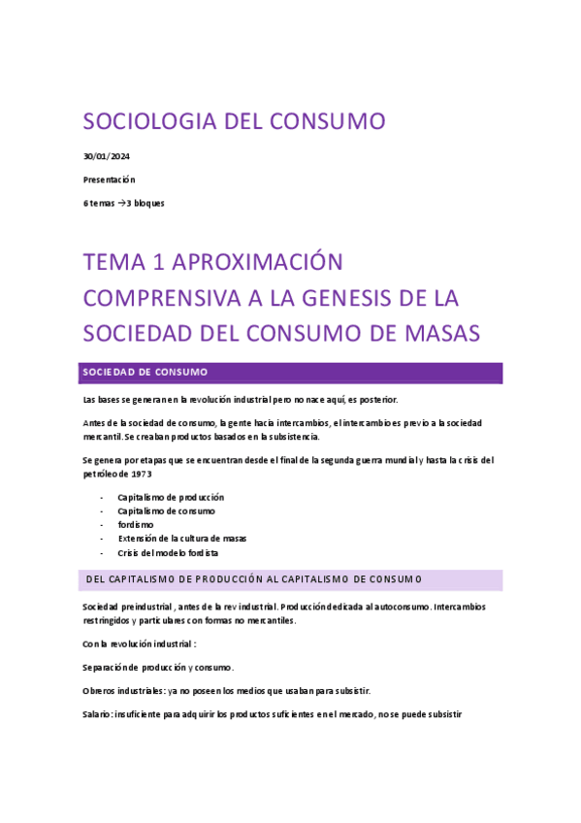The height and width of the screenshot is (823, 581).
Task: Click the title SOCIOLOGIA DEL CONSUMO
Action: pyautogui.click(x=234, y=121)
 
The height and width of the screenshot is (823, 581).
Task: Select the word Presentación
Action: pyautogui.click(x=109, y=180)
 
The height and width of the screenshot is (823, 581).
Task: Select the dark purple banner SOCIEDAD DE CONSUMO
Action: pyautogui.click(x=292, y=373)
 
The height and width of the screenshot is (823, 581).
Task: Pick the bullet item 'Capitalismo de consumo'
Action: pyautogui.click(x=166, y=510)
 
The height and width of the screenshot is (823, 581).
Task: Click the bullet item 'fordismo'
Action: pyautogui.click(x=136, y=524)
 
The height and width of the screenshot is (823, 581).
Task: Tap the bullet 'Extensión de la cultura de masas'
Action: pyautogui.click(x=181, y=538)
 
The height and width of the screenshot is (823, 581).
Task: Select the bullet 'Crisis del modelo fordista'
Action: pyautogui.click(x=168, y=552)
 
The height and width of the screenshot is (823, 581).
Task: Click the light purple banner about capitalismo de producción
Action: pyautogui.click(x=292, y=580)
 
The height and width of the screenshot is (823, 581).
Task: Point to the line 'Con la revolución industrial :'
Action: pyautogui.click(x=139, y=643)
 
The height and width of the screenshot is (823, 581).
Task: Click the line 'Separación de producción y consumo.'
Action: pyautogui.click(x=158, y=667)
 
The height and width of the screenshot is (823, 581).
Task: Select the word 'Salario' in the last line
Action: pyautogui.click(x=97, y=714)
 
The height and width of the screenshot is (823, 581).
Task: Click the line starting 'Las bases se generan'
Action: pyautogui.click(x=240, y=400)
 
